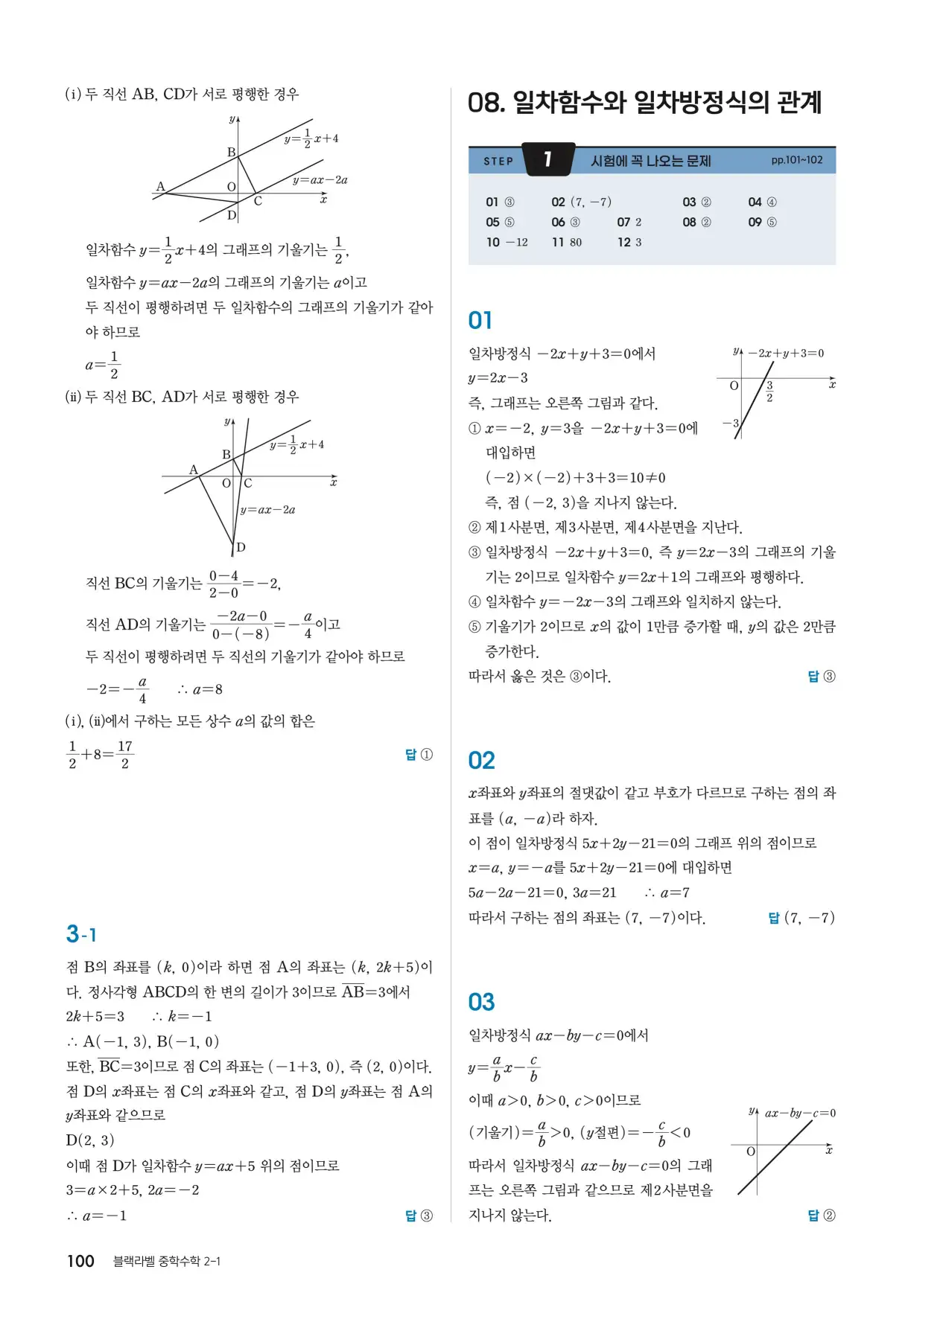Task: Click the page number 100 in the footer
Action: (80, 1260)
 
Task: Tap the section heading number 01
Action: (480, 320)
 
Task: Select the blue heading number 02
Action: (481, 760)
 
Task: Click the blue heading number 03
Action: (481, 1002)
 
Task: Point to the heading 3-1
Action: (81, 933)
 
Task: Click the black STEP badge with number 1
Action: (548, 159)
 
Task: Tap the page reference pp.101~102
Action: (797, 160)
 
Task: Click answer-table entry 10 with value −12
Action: (507, 242)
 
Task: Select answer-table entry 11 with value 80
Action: (567, 242)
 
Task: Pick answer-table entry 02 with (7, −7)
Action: (581, 202)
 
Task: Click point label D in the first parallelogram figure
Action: (232, 215)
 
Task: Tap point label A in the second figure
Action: (194, 470)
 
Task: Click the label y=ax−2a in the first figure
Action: (320, 179)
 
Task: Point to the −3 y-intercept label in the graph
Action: (730, 423)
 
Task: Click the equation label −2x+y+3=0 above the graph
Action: (786, 353)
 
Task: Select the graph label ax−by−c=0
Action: (800, 1113)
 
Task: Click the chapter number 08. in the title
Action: (485, 102)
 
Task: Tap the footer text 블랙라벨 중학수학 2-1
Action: (166, 1261)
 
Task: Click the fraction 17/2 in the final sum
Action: (124, 755)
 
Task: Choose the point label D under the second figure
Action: (241, 547)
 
